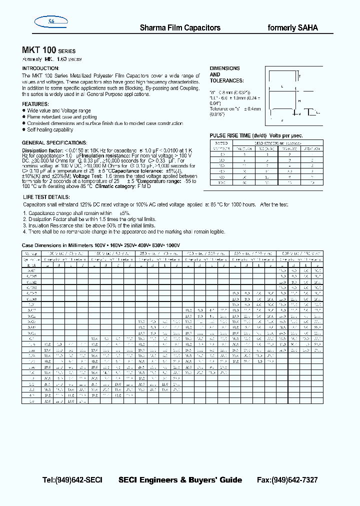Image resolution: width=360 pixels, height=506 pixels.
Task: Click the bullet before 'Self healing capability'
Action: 24,130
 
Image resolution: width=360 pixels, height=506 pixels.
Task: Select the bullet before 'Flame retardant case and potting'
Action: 24,117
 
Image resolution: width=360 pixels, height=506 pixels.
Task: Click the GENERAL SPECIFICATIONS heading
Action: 54,142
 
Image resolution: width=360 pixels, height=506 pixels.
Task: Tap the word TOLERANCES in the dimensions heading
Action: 226,80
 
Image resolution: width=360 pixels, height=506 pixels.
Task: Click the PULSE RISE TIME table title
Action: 256,135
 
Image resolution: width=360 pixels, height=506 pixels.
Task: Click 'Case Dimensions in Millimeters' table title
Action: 59,245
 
